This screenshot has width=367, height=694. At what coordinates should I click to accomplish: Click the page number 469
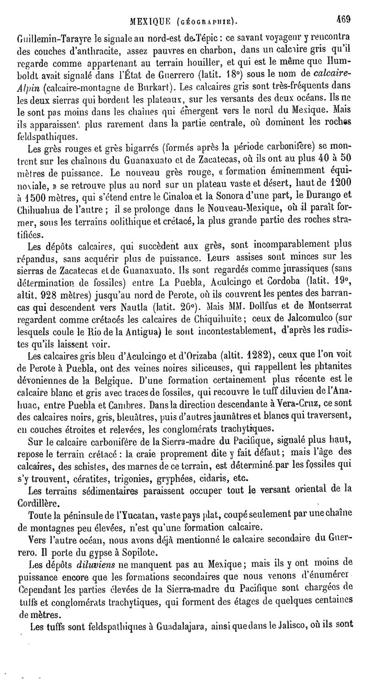point(343,7)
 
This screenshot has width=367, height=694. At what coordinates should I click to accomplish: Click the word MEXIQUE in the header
point(149,8)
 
